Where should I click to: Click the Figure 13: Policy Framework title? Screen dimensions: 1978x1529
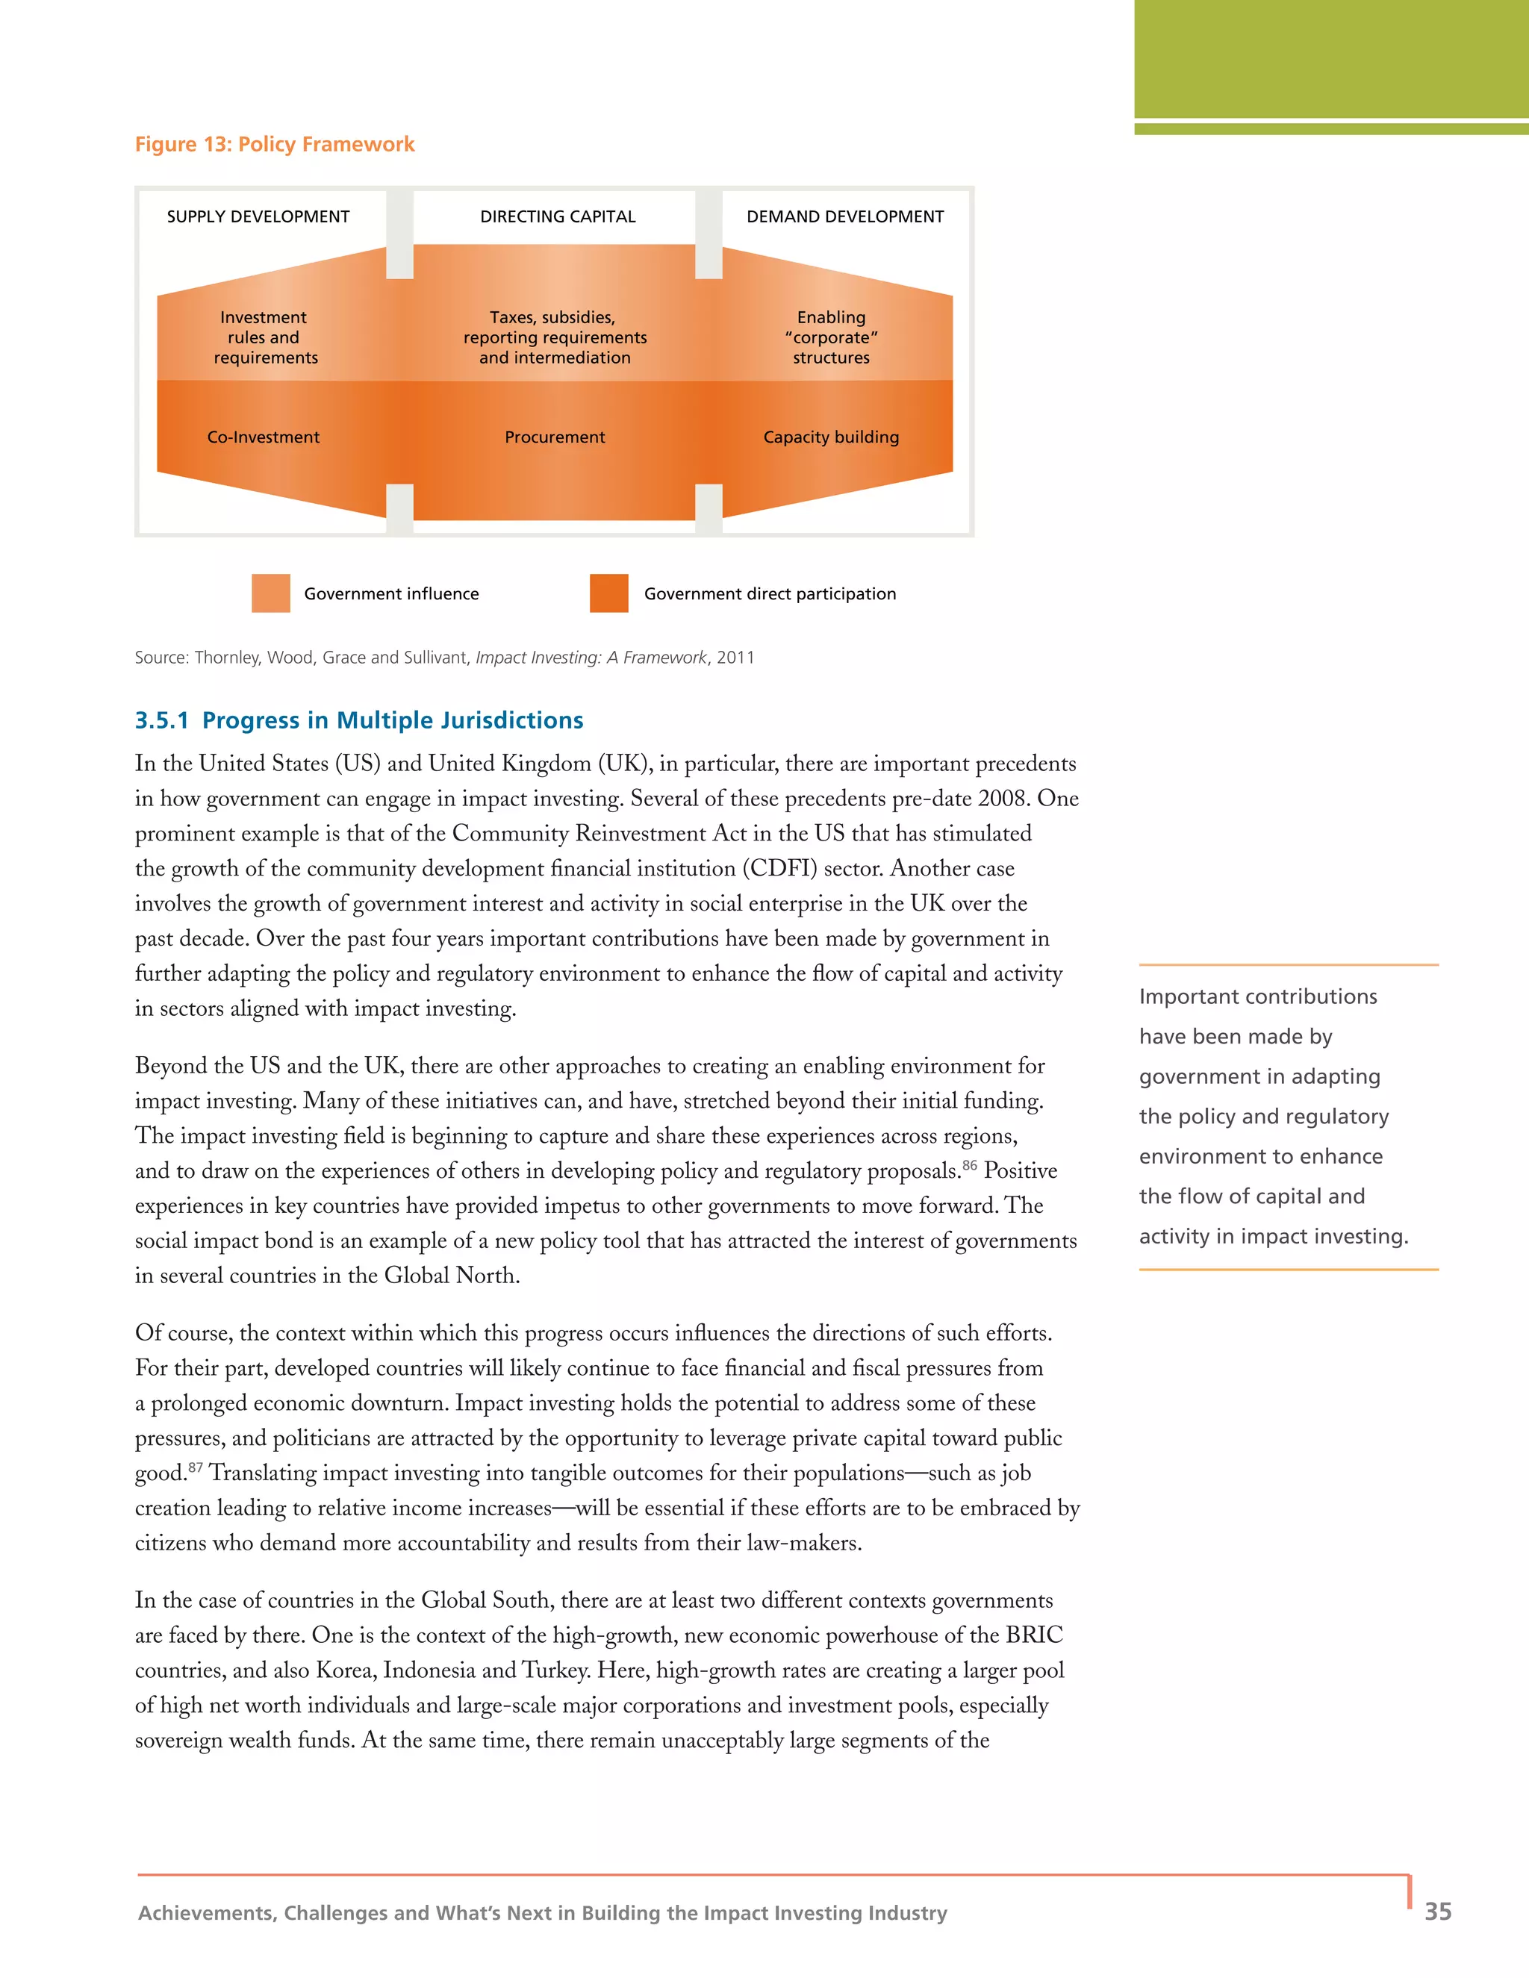click(x=275, y=144)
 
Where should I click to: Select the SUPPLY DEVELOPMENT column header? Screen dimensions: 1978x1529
click(x=258, y=216)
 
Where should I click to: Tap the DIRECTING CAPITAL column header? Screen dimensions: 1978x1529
click(x=557, y=216)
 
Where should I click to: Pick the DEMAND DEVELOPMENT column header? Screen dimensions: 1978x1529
click(x=844, y=216)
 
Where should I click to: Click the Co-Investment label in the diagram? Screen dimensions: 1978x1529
click(x=263, y=437)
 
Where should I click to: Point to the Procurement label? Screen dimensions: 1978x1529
click(x=555, y=437)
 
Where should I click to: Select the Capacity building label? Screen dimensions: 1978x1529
click(x=831, y=437)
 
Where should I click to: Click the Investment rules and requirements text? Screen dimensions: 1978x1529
click(x=264, y=337)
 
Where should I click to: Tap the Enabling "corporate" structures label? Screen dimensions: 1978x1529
click(x=831, y=337)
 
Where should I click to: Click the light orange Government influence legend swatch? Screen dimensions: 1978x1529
click(x=271, y=593)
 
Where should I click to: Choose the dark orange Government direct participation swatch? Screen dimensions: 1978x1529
click(x=608, y=593)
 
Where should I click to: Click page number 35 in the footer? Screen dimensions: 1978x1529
click(x=1437, y=1911)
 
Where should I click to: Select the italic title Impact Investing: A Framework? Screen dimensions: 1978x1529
click(x=591, y=658)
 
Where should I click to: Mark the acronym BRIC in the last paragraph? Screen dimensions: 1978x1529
click(x=1033, y=1635)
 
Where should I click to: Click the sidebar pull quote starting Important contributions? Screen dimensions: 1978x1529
click(x=1273, y=1116)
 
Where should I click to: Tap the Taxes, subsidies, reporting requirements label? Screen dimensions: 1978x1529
click(x=555, y=337)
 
